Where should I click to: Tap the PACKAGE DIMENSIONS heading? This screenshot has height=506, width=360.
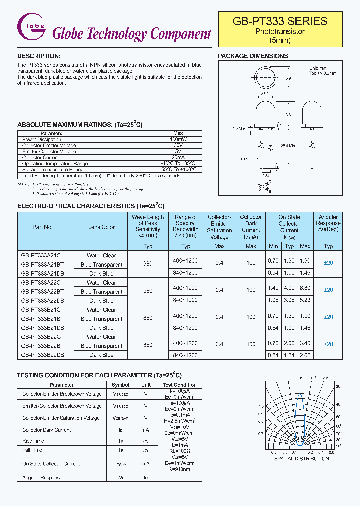tap(253, 56)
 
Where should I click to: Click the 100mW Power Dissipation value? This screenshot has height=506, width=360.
tap(178, 139)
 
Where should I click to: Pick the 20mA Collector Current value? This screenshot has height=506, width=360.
tap(178, 157)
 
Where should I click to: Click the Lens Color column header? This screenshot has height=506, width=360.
tap(101, 227)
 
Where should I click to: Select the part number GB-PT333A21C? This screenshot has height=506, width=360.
tap(40, 255)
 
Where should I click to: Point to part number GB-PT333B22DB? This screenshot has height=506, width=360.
tap(42, 355)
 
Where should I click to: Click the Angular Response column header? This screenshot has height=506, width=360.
tap(328, 223)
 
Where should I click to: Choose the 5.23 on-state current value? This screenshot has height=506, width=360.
tap(305, 301)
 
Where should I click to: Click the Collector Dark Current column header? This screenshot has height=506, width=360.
tap(251, 227)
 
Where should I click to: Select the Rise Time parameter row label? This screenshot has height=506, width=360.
tap(33, 441)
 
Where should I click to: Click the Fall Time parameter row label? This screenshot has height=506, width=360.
tap(33, 450)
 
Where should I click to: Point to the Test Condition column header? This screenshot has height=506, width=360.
tap(179, 385)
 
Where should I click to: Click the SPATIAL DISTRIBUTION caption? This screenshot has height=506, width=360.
tap(301, 459)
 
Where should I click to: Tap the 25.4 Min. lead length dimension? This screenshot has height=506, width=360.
tap(288, 146)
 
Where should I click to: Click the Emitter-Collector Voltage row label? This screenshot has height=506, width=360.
tap(49, 151)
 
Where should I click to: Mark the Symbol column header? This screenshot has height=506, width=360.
tap(120, 385)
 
